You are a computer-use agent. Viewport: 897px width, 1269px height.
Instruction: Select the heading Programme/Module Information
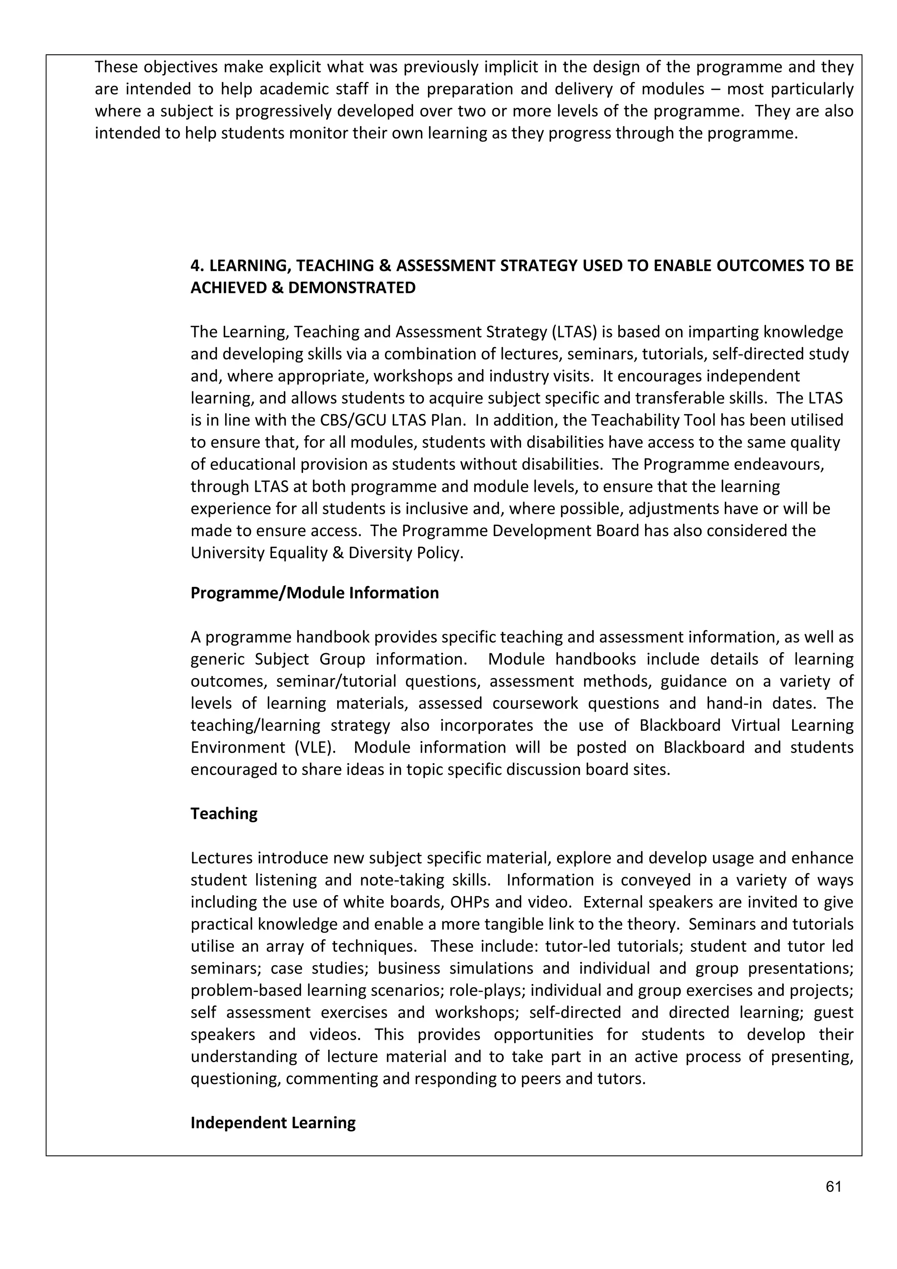[314, 593]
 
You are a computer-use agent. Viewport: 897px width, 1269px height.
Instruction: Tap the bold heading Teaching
[224, 814]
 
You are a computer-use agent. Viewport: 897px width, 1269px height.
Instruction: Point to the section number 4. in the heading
[198, 266]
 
